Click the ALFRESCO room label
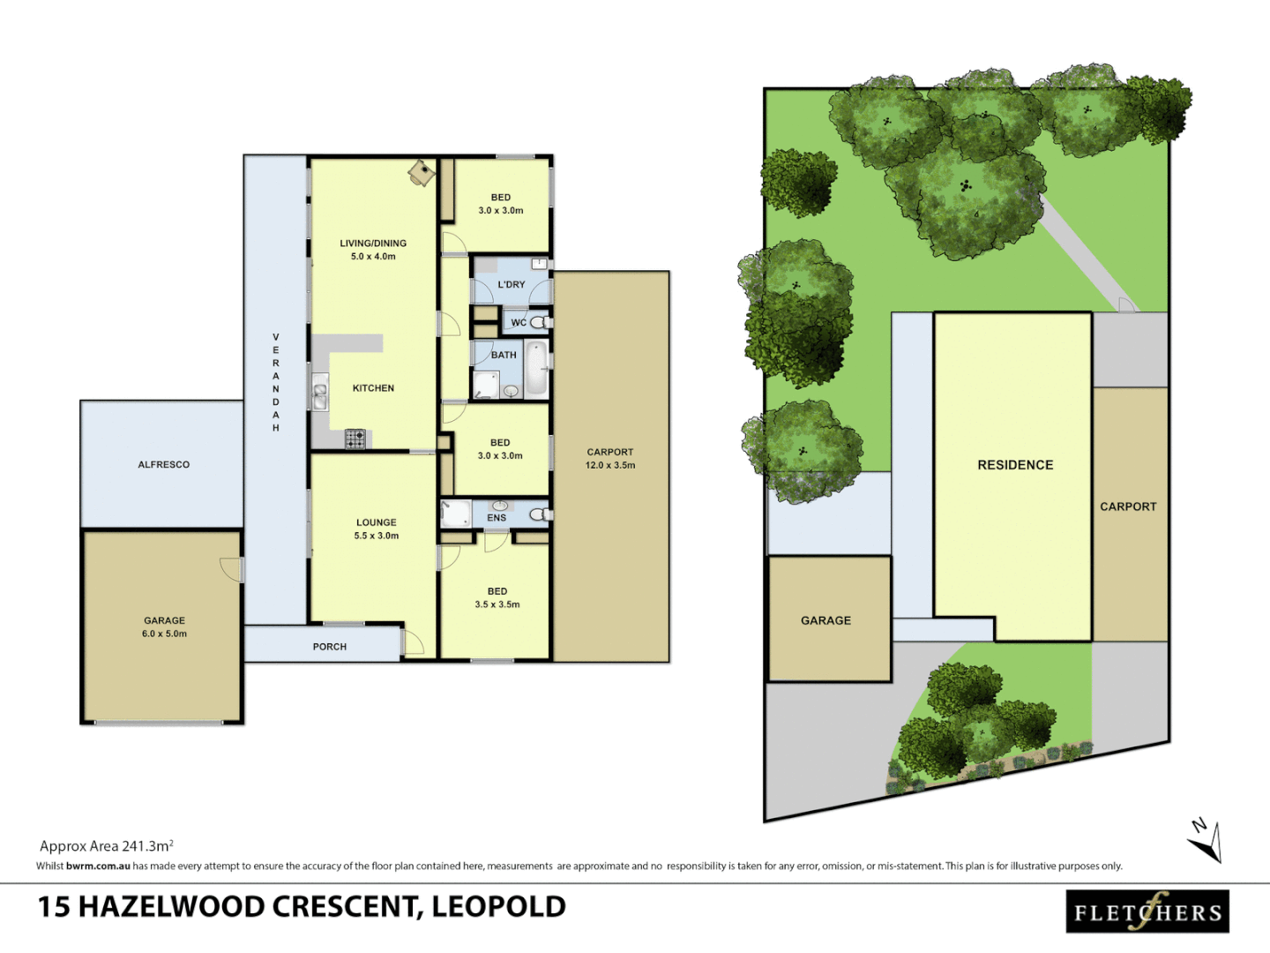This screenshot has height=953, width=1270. tap(163, 464)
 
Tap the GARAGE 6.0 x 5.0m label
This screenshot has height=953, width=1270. tap(164, 627)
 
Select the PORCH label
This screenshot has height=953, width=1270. tap(329, 647)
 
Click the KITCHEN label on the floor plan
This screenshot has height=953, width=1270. tap(373, 388)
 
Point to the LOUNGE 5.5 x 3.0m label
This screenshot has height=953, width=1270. tap(376, 529)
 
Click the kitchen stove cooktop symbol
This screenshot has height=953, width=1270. tap(355, 439)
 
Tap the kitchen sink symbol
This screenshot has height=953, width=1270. tap(319, 394)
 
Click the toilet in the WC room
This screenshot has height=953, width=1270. tap(539, 323)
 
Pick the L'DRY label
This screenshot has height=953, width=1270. tap(511, 285)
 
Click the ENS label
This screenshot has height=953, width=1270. tap(497, 518)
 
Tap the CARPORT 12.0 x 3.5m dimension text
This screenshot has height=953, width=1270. tap(609, 465)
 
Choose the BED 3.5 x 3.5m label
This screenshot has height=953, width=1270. tap(497, 598)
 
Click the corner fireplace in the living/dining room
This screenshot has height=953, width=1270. tap(422, 172)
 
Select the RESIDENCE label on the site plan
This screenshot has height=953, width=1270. tap(1015, 465)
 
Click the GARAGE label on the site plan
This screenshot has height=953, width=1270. tap(825, 620)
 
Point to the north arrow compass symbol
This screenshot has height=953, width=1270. tap(1206, 841)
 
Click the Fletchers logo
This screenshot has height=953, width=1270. tap(1147, 912)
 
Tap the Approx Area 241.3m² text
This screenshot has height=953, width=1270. tap(106, 845)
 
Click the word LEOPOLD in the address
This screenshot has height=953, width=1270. tap(498, 907)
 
